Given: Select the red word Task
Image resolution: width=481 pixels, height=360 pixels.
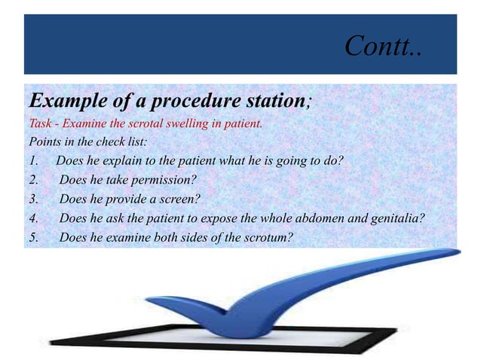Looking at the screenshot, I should (40, 124).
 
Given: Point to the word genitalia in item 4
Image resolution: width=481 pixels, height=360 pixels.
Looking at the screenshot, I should (395, 219).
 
